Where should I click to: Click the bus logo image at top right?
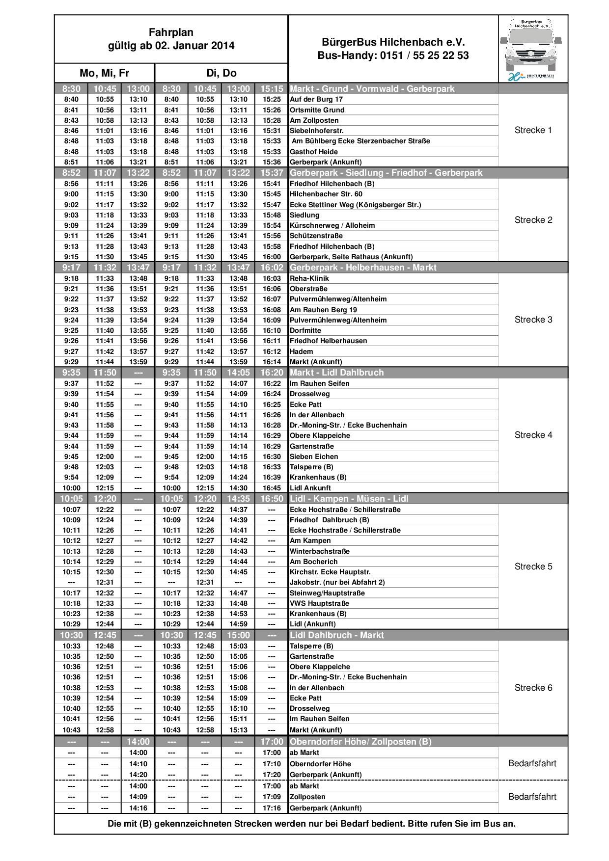click(x=533, y=49)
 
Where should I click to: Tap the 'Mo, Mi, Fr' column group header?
click(x=104, y=73)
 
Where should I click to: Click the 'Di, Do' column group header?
click(x=221, y=73)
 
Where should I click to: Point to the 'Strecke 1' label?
click(x=533, y=130)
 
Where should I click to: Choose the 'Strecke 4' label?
click(x=533, y=435)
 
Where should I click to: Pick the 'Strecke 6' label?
click(x=533, y=688)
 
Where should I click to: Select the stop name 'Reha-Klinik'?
click(x=309, y=278)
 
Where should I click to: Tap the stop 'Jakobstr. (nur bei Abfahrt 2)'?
click(x=337, y=582)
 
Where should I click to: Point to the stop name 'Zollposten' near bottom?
click(x=307, y=797)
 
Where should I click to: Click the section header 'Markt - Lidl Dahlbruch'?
click(x=336, y=373)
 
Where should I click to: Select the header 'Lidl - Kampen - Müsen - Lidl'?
click(x=349, y=499)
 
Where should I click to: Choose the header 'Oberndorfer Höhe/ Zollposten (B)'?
click(x=360, y=742)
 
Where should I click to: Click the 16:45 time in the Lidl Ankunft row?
click(x=272, y=488)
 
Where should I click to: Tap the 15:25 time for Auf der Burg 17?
click(x=272, y=99)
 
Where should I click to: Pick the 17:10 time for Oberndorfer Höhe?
click(x=272, y=764)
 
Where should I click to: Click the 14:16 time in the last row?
click(x=138, y=808)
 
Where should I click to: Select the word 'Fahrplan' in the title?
click(x=171, y=32)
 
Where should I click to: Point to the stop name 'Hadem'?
click(x=301, y=351)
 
